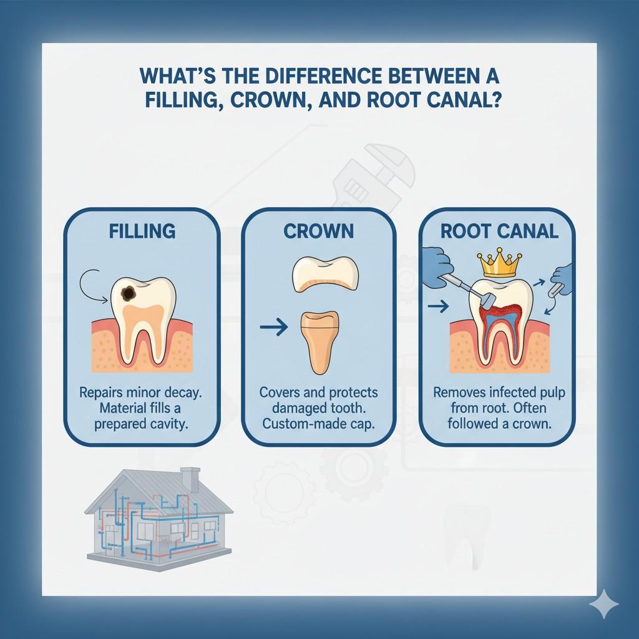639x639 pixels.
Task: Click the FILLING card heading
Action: tap(142, 231)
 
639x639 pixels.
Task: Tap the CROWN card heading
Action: tap(319, 231)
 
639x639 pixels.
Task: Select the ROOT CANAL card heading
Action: tap(499, 231)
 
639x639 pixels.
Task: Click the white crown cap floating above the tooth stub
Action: tap(324, 274)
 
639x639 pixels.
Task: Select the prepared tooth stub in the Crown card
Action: tap(319, 341)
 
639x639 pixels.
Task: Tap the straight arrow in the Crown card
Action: tap(273, 327)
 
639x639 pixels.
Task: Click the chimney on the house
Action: tap(190, 479)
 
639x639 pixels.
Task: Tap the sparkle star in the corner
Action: tap(603, 604)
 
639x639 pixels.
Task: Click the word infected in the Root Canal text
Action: tap(515, 393)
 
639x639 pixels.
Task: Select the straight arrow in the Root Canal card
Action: tap(439, 306)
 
